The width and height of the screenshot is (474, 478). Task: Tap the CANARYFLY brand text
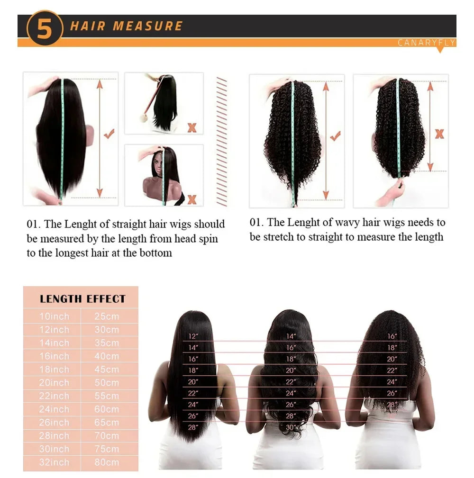tap(426, 43)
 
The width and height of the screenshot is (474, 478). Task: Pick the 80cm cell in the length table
tap(107, 462)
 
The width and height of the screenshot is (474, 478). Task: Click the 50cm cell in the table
tap(107, 382)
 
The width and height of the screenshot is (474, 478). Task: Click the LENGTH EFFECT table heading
tap(82, 299)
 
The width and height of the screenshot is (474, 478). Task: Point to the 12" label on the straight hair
tap(193, 336)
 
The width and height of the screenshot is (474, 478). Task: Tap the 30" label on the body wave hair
tap(291, 427)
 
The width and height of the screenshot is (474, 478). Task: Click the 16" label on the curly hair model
tap(392, 336)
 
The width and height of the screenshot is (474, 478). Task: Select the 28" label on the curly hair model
tap(392, 404)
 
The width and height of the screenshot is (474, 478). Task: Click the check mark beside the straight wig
tap(109, 134)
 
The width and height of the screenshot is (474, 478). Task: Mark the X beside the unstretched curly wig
tap(439, 134)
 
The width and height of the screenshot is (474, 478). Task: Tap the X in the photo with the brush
tap(192, 127)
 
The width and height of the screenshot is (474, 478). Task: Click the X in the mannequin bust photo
tap(192, 199)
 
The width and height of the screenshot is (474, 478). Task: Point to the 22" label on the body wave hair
tap(291, 382)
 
